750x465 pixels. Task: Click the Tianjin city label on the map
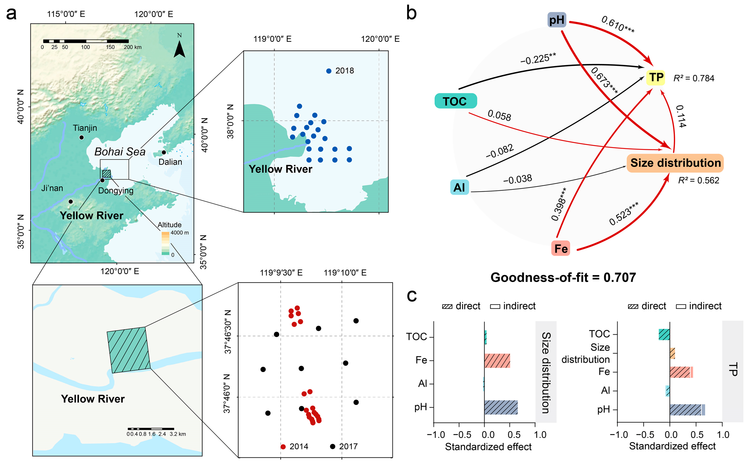[85, 128]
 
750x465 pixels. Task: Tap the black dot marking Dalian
[164, 153]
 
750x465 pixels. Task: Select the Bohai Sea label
[120, 152]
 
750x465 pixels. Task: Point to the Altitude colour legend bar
[165, 243]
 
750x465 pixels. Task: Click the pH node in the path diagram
[557, 20]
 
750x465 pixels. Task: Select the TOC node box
[455, 101]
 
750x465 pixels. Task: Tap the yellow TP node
[655, 78]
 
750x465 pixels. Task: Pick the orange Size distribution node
[675, 163]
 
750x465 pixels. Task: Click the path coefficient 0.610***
[617, 25]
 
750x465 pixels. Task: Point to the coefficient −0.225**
[538, 58]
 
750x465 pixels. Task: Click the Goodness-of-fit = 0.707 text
[563, 277]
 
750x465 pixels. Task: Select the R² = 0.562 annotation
[698, 180]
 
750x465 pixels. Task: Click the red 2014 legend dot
[283, 447]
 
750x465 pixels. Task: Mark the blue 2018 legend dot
[329, 71]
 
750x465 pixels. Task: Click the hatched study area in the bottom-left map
[128, 350]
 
